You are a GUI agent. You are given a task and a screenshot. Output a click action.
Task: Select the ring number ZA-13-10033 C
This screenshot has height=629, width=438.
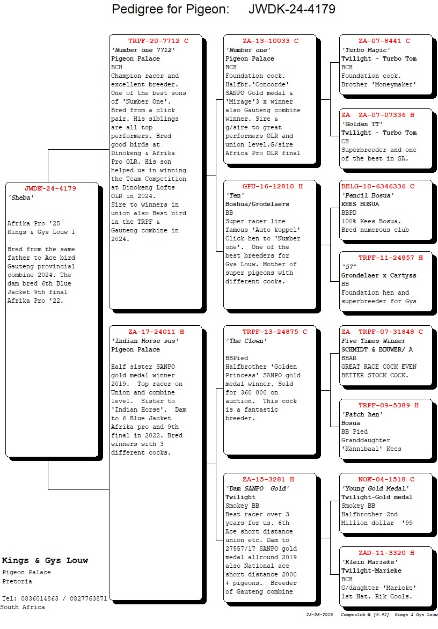coord(270,41)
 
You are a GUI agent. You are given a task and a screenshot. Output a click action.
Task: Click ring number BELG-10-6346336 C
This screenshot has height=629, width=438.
coord(378,186)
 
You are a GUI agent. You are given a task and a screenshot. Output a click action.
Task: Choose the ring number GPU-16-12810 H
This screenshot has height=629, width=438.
coord(272,186)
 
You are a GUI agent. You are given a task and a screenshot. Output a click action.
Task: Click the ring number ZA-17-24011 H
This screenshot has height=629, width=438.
coord(156,332)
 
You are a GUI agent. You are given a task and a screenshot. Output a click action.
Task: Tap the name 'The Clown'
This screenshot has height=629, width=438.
coord(246,341)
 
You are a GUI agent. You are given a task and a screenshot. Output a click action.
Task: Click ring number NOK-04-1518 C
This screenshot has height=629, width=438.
coord(386,479)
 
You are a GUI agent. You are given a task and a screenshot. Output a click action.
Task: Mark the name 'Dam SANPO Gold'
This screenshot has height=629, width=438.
coord(257,488)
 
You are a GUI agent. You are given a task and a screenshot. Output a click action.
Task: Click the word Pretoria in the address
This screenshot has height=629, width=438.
coord(17,581)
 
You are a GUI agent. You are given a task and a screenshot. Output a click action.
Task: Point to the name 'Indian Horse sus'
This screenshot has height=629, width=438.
coord(145,341)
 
